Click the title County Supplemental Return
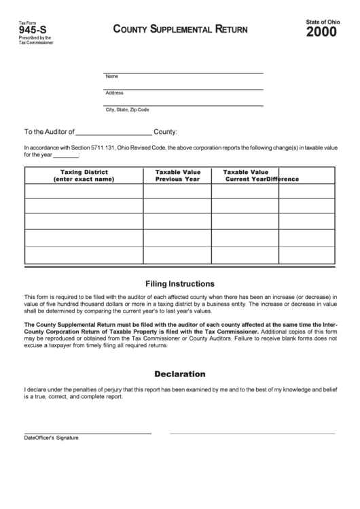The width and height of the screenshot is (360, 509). (x=180, y=30)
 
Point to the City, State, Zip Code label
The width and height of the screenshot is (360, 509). (x=127, y=109)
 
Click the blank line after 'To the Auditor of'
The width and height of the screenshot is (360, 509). (x=114, y=132)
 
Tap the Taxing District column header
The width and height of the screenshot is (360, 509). (x=84, y=175)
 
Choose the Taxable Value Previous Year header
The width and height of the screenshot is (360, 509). (x=177, y=175)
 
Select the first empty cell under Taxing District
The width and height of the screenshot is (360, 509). (x=84, y=192)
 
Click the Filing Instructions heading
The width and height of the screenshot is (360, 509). (x=180, y=283)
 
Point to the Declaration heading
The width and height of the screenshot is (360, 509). (x=180, y=374)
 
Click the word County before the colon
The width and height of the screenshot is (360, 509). (x=165, y=132)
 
